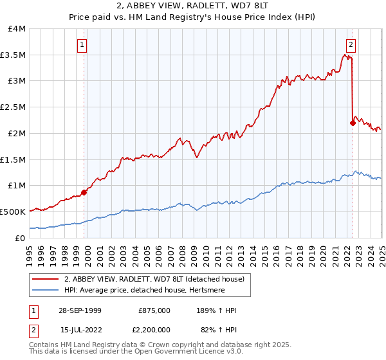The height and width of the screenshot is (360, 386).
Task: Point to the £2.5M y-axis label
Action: point(13,107)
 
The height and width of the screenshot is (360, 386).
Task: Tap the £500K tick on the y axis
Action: point(13,212)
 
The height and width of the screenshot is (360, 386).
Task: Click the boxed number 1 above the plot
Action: point(83,44)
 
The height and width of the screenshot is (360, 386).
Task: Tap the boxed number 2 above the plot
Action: point(351,44)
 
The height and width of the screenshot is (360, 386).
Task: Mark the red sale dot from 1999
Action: point(84,192)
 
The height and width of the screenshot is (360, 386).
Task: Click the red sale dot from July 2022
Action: point(353,123)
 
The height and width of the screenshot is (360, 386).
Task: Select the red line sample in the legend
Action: point(46,280)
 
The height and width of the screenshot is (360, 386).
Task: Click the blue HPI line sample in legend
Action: point(46,290)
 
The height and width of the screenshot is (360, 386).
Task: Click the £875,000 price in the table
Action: point(154,310)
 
